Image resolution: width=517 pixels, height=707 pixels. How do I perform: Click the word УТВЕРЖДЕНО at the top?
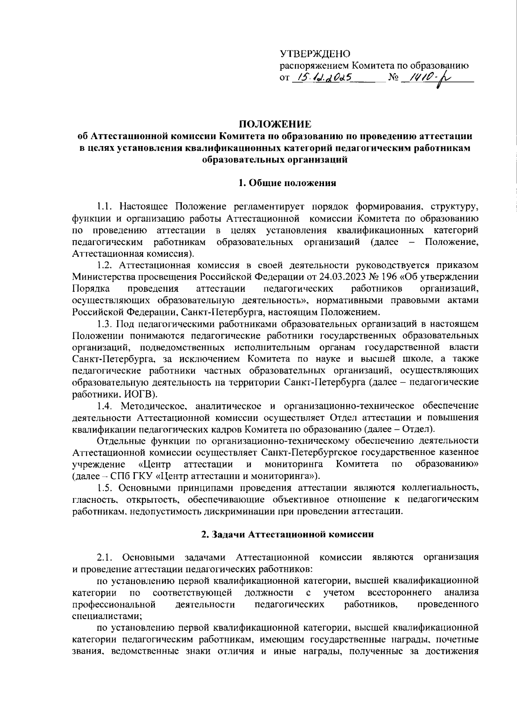tap(315, 54)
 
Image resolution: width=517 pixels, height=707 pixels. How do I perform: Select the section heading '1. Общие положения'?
tap(287, 183)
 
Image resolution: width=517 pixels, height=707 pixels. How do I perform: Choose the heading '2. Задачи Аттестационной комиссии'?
tap(287, 534)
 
